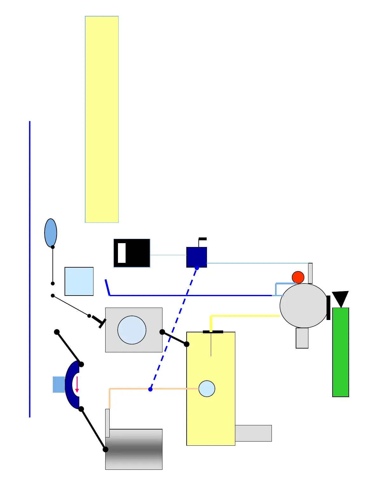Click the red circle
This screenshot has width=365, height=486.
298,277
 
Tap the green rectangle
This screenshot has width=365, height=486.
341,352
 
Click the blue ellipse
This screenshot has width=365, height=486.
51,232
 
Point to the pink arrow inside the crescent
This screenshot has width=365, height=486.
77,384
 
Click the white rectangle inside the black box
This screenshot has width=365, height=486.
122,253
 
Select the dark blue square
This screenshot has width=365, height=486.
196,257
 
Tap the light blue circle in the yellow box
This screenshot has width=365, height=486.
207,389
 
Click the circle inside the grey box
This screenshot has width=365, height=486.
132,330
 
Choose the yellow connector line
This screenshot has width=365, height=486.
245,316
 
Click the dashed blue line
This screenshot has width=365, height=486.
174,329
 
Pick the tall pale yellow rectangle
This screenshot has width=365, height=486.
102,119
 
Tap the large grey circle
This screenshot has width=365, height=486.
304,305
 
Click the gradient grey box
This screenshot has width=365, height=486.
134,449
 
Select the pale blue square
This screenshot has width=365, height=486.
79,281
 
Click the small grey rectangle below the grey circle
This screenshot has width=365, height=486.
302,338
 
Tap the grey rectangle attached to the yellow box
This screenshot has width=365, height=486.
253,433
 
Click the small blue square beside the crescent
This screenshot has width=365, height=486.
59,384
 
